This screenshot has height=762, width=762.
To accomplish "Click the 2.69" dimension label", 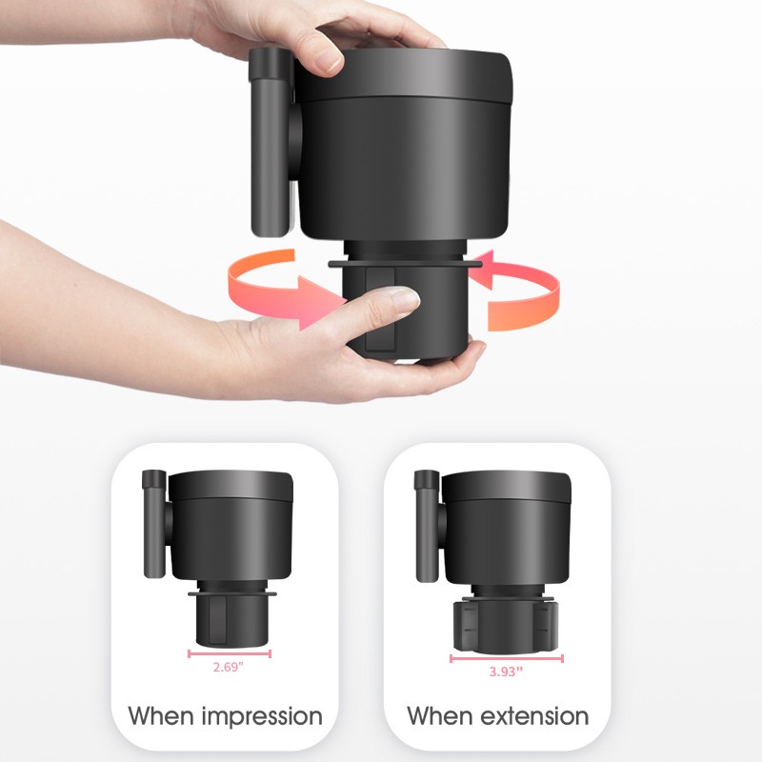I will [230, 668].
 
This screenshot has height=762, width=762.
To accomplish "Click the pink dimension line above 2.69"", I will [230, 653].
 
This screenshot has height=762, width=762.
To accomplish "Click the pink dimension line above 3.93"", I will [507, 657].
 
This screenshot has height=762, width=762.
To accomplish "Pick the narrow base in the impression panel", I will [229, 619].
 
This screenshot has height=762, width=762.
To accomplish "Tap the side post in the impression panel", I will [151, 524].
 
